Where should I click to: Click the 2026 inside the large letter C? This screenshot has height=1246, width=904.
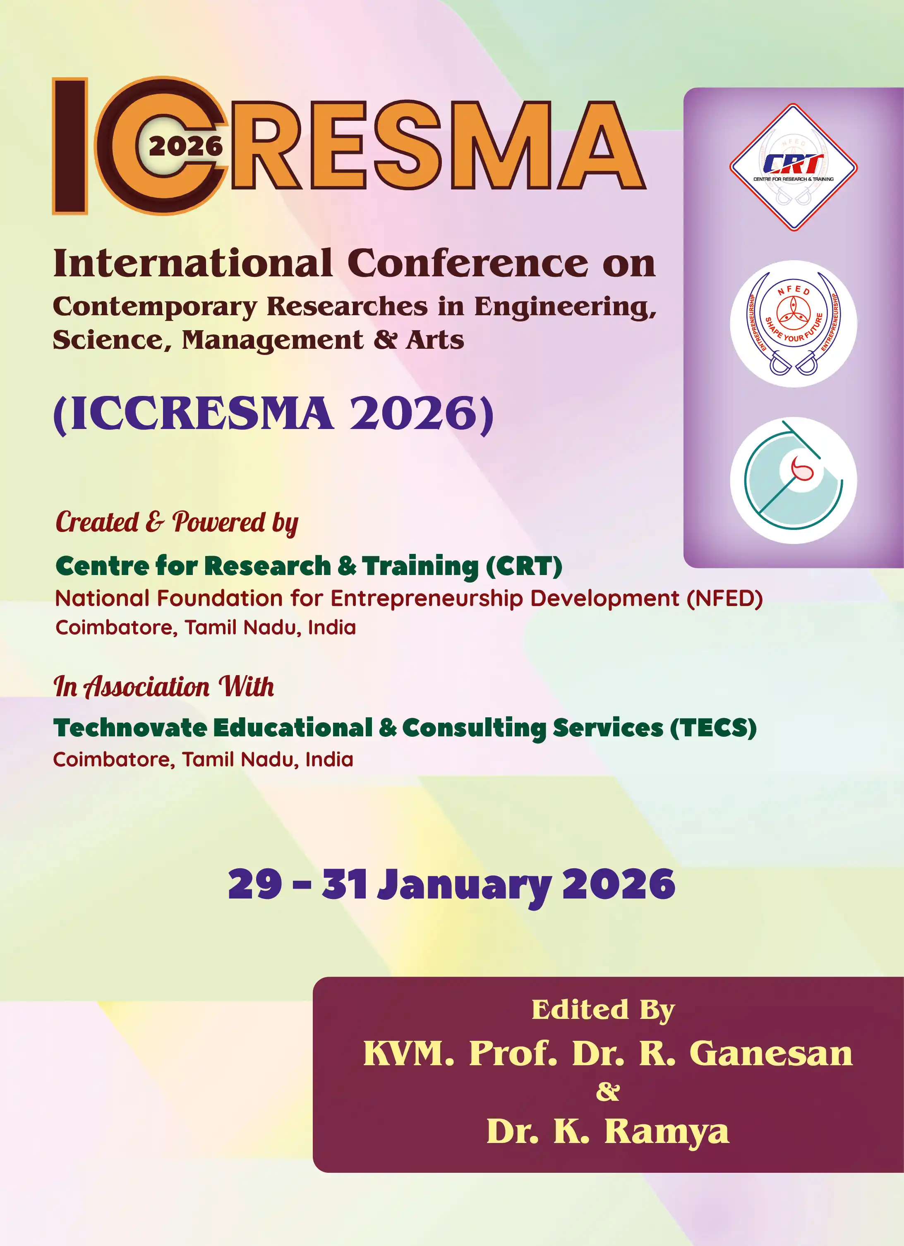(x=186, y=146)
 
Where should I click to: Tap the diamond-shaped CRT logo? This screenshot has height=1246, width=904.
(x=793, y=167)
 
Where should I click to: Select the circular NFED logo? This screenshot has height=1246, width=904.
(x=793, y=323)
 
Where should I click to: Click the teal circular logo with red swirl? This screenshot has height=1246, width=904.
(x=793, y=480)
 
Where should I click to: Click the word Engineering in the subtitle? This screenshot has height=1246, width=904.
(x=565, y=307)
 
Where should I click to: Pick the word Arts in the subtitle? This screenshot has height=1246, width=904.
(x=435, y=340)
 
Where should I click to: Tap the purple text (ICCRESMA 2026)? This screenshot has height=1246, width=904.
(x=273, y=414)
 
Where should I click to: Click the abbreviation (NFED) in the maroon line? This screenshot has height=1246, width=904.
(x=725, y=598)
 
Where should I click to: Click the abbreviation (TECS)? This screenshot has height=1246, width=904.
(x=713, y=728)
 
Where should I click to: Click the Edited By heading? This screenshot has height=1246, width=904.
(x=603, y=1010)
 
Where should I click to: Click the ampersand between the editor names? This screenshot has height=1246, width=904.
(x=608, y=1092)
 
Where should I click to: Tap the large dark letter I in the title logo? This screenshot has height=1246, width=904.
(x=70, y=146)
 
